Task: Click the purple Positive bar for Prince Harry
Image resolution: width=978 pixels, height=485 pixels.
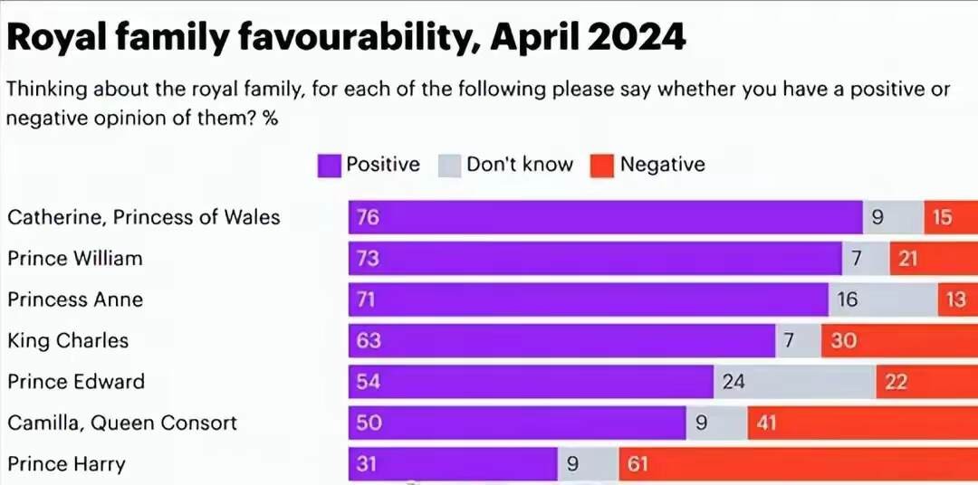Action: [x=453, y=465]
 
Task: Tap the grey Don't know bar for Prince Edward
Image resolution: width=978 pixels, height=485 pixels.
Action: [x=795, y=382]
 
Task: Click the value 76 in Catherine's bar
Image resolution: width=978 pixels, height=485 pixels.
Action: [x=367, y=217]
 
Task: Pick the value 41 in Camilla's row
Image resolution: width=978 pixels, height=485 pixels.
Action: [x=767, y=423]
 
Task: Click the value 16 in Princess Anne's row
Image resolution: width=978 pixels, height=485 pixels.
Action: [x=847, y=300]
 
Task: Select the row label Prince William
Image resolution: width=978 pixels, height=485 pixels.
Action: [x=75, y=259]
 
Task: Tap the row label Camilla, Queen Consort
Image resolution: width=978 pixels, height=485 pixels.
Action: [x=122, y=423]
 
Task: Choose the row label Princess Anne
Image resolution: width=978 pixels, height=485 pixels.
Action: [x=75, y=300]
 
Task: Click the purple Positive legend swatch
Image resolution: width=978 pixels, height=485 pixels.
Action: [x=328, y=165]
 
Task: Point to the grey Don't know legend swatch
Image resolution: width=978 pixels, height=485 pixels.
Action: [x=449, y=165]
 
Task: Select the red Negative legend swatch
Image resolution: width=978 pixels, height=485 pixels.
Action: [x=602, y=165]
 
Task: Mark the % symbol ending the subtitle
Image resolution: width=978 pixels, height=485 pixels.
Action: [x=270, y=118]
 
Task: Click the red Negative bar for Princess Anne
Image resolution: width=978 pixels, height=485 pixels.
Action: [x=956, y=300]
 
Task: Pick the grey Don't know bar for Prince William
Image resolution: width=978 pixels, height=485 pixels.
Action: [x=865, y=259]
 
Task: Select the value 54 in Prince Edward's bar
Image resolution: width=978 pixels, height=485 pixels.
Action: [x=367, y=382]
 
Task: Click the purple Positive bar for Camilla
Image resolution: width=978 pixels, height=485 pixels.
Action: [x=516, y=423]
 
